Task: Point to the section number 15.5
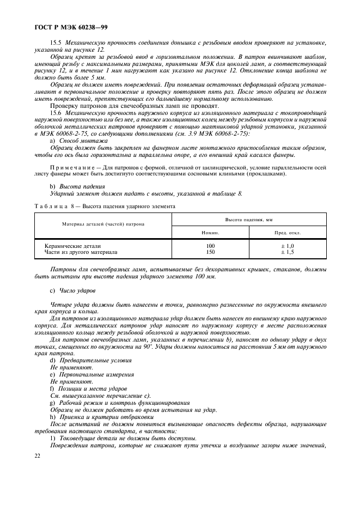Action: pyautogui.click(x=56, y=42)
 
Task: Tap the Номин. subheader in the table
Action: pyautogui.click(x=210, y=232)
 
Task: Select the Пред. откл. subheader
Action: pyautogui.click(x=287, y=232)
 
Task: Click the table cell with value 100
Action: pyautogui.click(x=210, y=246)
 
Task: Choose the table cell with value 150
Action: pyautogui.click(x=210, y=252)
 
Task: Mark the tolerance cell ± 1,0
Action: pyautogui.click(x=287, y=246)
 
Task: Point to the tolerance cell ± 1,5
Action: pyautogui.click(x=287, y=252)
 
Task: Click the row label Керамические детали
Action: pyautogui.click(x=72, y=246)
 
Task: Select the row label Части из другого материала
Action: pyautogui.click(x=81, y=252)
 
